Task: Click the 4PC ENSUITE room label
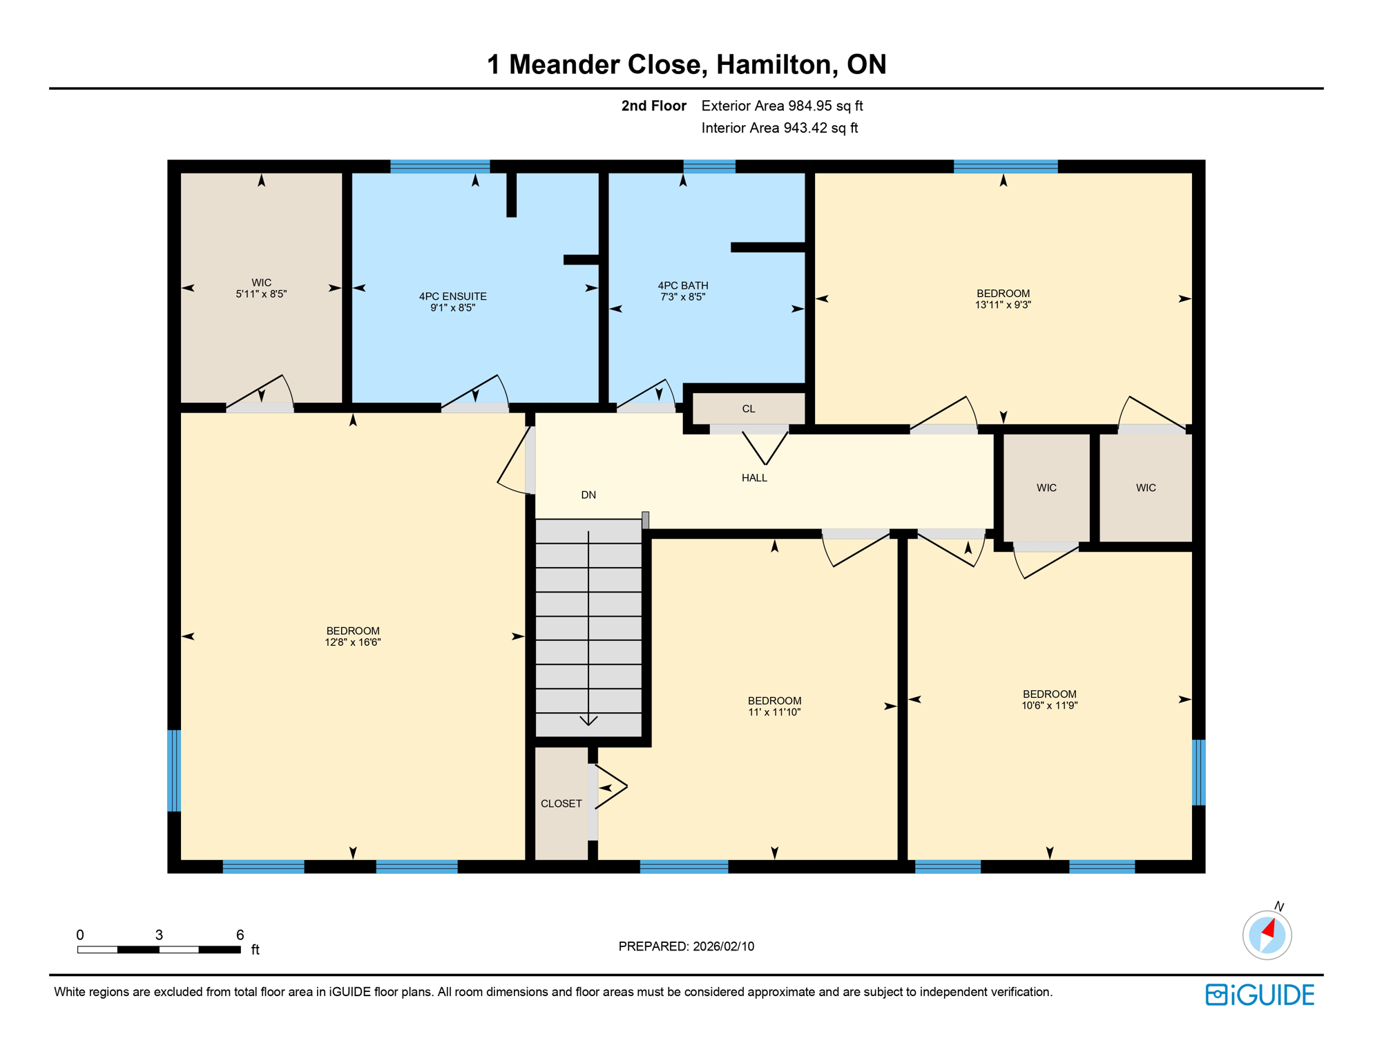452,296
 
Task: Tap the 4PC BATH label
682,285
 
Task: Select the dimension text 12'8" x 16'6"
352,642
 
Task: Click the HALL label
754,478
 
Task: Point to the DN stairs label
588,495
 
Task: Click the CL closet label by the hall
748,409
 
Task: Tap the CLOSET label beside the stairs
561,804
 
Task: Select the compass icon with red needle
1267,935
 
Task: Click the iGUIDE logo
1260,995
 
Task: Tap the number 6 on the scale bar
240,935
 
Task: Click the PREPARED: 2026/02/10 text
686,947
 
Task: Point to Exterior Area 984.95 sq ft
782,106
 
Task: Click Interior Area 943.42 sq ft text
779,128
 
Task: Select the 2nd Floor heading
653,106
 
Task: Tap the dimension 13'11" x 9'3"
1003,305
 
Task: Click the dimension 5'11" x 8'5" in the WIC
261,294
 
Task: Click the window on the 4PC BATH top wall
709,166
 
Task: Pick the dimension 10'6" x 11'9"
1049,706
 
